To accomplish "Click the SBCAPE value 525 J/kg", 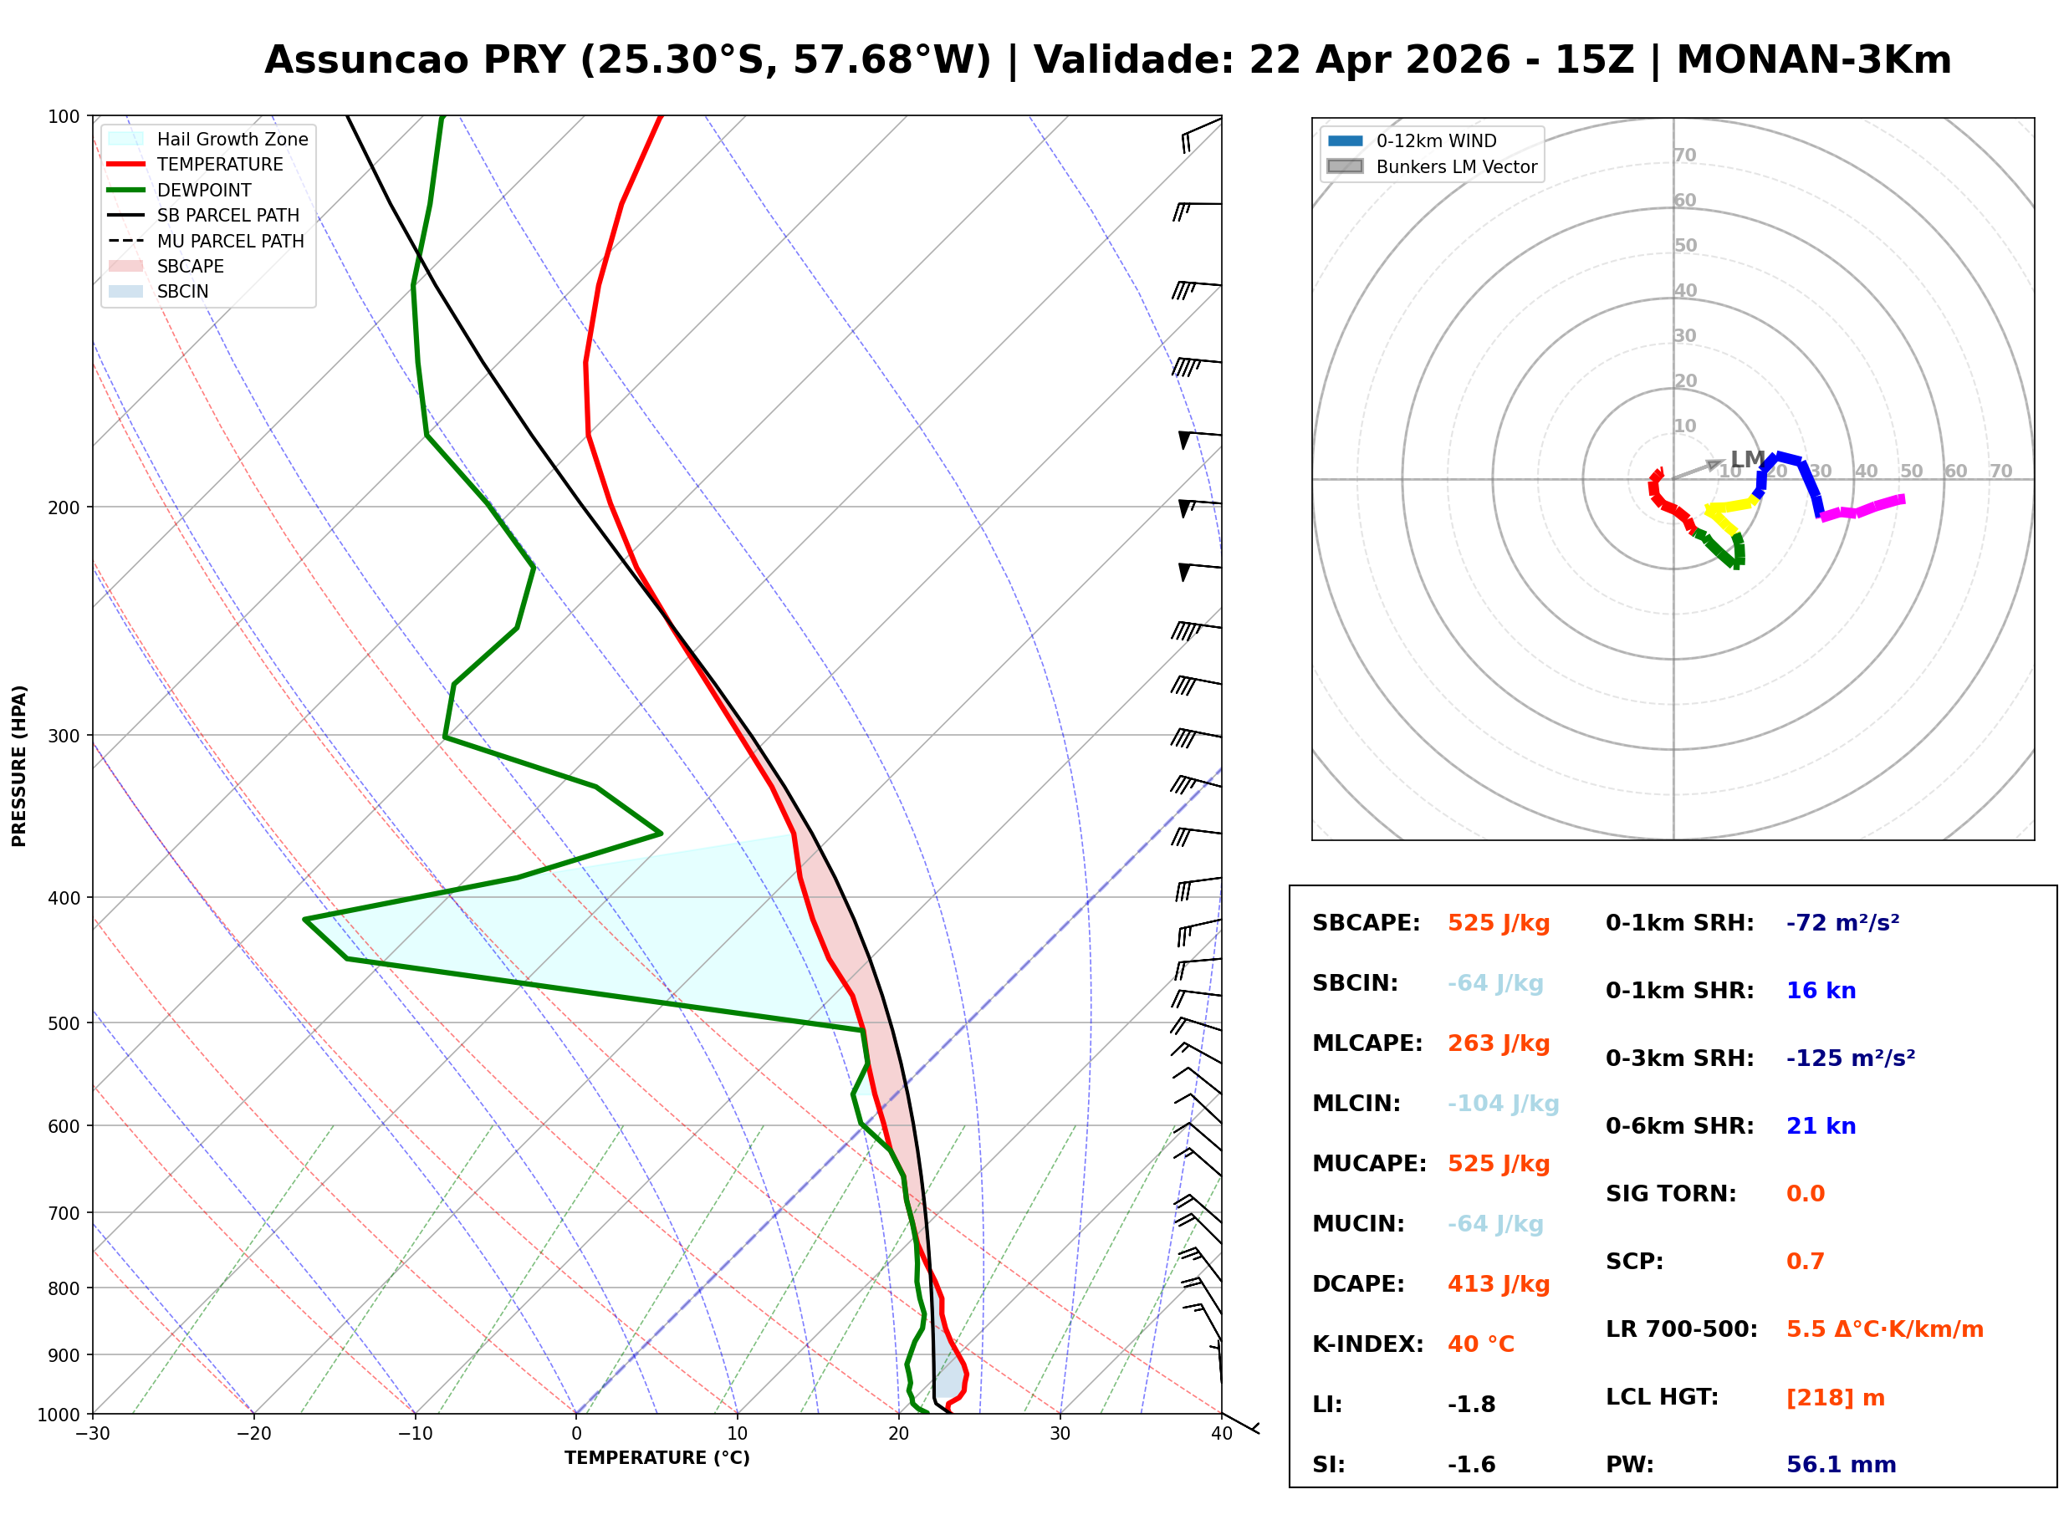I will [x=1498, y=923].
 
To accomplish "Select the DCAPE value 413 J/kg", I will [x=1498, y=1284].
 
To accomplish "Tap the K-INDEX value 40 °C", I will [x=1480, y=1344].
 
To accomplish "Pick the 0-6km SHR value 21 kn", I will [x=1820, y=1126].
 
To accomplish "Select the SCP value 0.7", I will [x=1804, y=1262].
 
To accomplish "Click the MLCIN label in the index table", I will [x=1356, y=1104].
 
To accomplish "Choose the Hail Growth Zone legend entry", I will [x=232, y=139].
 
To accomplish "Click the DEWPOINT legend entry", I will [x=204, y=190].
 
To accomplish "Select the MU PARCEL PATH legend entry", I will [x=230, y=241].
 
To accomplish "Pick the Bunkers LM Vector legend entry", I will [x=1456, y=166].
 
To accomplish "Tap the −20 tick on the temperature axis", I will [x=253, y=1435].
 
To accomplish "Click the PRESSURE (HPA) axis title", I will [x=19, y=766].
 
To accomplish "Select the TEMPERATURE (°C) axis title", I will [x=656, y=1459].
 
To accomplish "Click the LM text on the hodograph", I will [x=1747, y=459].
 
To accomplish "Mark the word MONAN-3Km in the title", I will [x=1813, y=60].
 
